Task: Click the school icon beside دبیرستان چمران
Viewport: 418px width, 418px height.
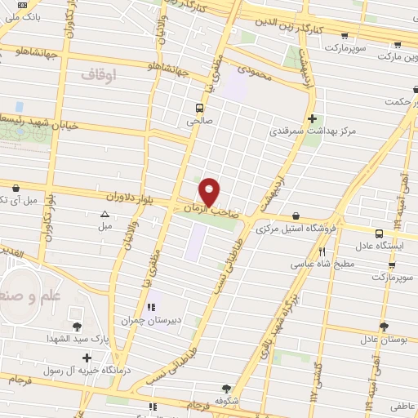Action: click(151, 307)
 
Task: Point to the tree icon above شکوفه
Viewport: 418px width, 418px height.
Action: click(225, 389)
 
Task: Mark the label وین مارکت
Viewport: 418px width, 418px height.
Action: click(396, 59)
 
